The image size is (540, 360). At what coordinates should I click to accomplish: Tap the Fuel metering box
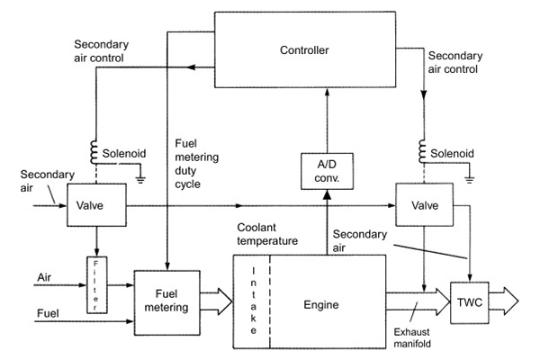coord(163,299)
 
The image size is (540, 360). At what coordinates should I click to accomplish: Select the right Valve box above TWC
coord(424,205)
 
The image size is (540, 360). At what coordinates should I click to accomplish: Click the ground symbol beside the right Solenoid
coord(471,178)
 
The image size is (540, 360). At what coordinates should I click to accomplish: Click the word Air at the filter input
coord(45,277)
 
